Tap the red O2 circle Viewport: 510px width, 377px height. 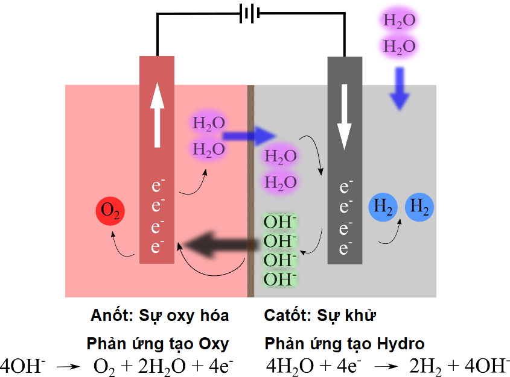[110, 211]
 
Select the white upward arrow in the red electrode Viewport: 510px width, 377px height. [157, 114]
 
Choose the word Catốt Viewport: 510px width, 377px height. [284, 316]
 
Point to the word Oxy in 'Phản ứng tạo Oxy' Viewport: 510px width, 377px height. [214, 344]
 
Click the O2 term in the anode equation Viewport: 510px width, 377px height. [104, 366]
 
